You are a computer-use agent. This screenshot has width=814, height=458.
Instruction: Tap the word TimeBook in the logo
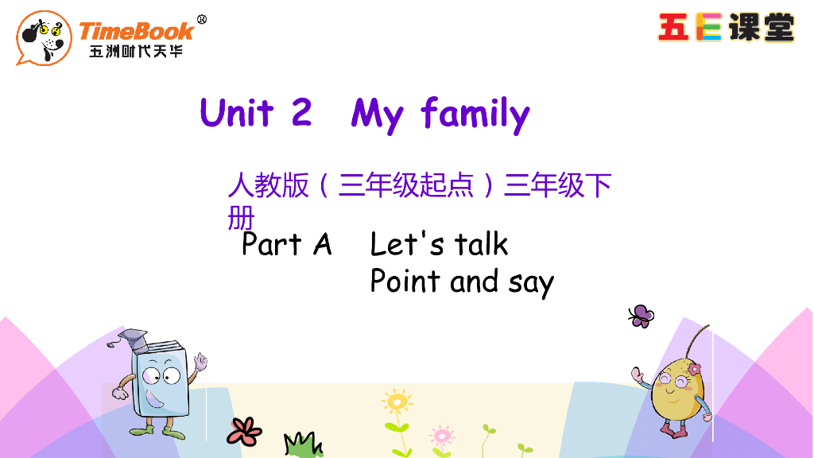pyautogui.click(x=136, y=31)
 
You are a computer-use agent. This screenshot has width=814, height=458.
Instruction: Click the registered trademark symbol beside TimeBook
pyautogui.click(x=201, y=19)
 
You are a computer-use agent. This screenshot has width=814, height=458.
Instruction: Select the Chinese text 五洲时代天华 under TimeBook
pyautogui.click(x=136, y=52)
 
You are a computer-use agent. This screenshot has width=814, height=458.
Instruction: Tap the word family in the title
pyautogui.click(x=475, y=114)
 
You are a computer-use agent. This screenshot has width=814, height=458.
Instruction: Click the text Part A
pyautogui.click(x=286, y=244)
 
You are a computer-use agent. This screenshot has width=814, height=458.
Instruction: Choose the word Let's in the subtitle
pyautogui.click(x=407, y=244)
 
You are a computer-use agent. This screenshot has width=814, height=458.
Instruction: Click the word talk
pyautogui.click(x=482, y=244)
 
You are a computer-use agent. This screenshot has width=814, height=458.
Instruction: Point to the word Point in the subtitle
pyautogui.click(x=405, y=281)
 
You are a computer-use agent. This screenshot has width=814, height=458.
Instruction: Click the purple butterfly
pyautogui.click(x=641, y=316)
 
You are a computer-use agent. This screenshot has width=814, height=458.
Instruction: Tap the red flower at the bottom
pyautogui.click(x=244, y=430)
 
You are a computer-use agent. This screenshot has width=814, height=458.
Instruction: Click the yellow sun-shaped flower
pyautogui.click(x=396, y=402)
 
